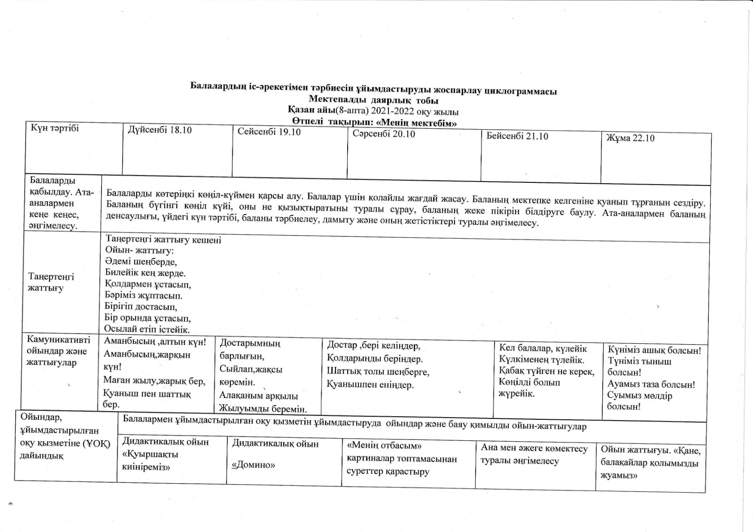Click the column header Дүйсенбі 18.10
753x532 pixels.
[160, 130]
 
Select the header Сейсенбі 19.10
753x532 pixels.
[269, 132]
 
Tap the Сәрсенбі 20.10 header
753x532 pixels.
[383, 134]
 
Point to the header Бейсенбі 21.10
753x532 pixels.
[517, 136]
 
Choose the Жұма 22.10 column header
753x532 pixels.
[630, 138]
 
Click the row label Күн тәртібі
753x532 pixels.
[55, 128]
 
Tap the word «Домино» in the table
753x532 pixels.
[253, 465]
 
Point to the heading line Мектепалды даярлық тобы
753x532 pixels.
[373, 101]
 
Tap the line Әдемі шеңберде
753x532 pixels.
[141, 262]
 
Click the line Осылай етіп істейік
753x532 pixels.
[147, 330]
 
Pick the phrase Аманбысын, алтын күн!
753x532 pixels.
[155, 342]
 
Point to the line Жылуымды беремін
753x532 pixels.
[263, 408]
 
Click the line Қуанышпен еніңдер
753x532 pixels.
[370, 384]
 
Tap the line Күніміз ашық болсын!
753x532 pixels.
[654, 350]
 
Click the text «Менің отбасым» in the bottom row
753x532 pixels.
[384, 446]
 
